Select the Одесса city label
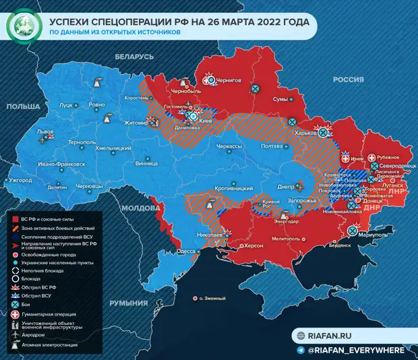[x=185, y=251]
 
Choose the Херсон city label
[x=253, y=247]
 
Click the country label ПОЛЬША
[x=24, y=107]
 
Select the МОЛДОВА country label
[x=140, y=208]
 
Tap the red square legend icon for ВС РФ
[x=15, y=219]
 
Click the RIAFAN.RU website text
[x=332, y=336]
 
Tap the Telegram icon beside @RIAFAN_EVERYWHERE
[x=299, y=350]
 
